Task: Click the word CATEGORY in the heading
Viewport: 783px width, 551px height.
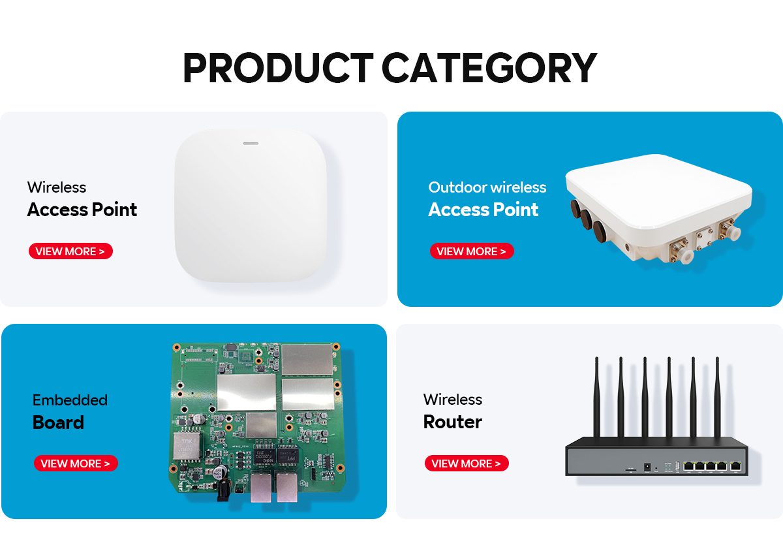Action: (x=489, y=67)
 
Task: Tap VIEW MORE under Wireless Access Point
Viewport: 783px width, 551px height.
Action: (x=70, y=251)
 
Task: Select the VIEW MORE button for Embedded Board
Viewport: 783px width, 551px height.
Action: (x=76, y=463)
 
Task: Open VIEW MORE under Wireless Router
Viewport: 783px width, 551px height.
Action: (x=467, y=463)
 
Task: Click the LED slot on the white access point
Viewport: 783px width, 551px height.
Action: (x=251, y=144)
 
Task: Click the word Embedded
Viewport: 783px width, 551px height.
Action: (x=70, y=400)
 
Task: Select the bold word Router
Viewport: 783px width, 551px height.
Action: (x=453, y=422)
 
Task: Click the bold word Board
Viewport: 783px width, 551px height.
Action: (x=58, y=422)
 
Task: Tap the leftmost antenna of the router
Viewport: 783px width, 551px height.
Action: (x=597, y=397)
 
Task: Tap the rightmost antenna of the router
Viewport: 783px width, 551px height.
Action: (x=717, y=397)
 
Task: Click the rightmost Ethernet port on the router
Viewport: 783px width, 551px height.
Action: (x=736, y=466)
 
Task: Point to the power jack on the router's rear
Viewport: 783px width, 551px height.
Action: (x=647, y=467)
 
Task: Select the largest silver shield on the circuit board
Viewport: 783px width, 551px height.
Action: (x=247, y=392)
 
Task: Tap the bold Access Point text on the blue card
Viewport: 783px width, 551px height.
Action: (x=483, y=210)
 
